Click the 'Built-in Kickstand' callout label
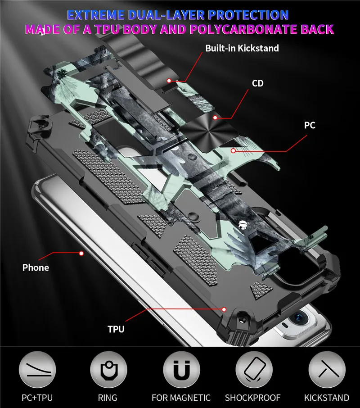tap(242, 48)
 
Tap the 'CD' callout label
tap(257, 83)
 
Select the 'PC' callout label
tap(310, 125)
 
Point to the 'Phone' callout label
tap(36, 267)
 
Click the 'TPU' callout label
tap(116, 329)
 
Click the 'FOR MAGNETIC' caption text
tap(181, 398)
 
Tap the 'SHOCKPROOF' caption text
tap(253, 398)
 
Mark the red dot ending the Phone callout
tap(81, 254)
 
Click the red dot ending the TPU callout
tap(224, 309)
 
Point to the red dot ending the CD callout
tap(216, 118)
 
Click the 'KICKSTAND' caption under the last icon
tap(326, 398)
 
